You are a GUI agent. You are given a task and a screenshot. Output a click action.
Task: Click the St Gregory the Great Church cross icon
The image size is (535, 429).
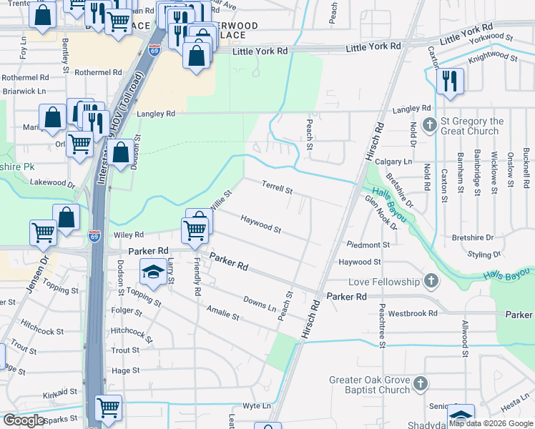(429, 125)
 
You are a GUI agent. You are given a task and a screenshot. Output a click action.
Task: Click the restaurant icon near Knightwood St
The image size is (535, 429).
(450, 80)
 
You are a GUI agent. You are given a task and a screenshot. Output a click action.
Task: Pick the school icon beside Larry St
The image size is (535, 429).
(152, 271)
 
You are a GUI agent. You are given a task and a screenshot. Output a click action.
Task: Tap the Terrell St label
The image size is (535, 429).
(277, 188)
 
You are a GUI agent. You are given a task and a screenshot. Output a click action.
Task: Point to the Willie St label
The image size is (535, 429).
(221, 200)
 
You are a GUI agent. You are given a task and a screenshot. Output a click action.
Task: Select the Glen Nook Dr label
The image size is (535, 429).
(381, 212)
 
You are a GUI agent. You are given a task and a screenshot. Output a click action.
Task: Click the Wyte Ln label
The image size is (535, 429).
(257, 405)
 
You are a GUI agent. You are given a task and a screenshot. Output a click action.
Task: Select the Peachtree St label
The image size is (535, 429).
(383, 332)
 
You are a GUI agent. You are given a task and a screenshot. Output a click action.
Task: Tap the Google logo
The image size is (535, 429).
(24, 420)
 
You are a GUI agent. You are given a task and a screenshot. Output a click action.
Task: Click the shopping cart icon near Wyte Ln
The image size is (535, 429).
(108, 408)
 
